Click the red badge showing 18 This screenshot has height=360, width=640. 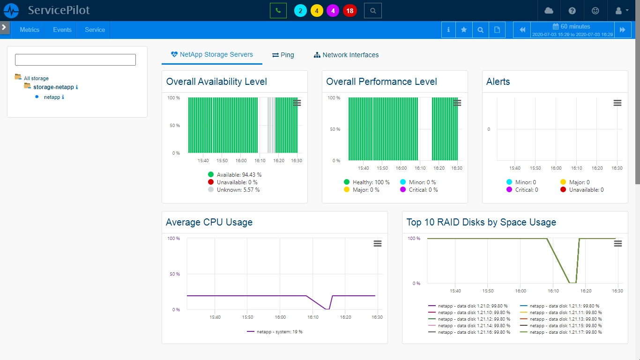350,11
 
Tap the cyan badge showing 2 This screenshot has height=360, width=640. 300,11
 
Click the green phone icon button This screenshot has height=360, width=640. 278,11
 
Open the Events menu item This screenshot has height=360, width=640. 62,30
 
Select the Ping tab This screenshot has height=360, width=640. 283,55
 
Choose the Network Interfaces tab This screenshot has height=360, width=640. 346,55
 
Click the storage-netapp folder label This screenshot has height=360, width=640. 53,87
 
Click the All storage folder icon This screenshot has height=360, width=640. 18,76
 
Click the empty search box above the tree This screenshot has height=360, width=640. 75,60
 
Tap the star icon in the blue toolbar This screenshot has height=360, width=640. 464,30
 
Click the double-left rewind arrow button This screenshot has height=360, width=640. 522,30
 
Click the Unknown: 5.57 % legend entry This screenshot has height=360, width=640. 234,189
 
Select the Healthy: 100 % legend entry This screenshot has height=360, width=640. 366,182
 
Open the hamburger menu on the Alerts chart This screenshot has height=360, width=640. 618,103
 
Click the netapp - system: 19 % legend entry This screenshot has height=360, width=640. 275,332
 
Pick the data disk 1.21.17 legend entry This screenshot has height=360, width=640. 561,332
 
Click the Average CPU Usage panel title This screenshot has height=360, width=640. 209,222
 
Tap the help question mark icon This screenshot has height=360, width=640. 572,11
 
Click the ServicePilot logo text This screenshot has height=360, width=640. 59,10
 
